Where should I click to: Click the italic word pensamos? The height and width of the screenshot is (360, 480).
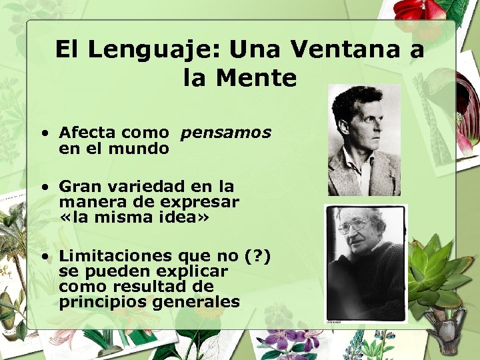[x=225, y=133]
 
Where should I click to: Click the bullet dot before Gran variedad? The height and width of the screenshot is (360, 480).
[x=43, y=186]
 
